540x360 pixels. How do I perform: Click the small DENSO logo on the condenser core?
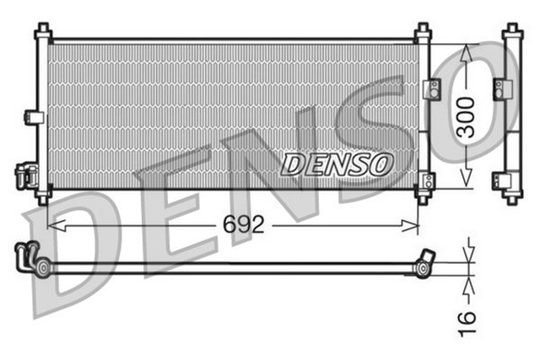tap(337, 164)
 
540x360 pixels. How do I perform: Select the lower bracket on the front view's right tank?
tap(428, 180)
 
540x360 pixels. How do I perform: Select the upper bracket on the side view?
tap(504, 88)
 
